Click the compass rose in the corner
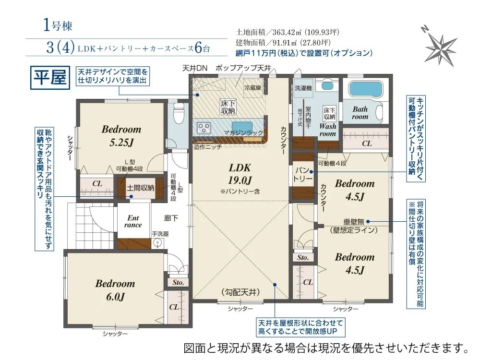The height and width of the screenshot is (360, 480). point(441,47)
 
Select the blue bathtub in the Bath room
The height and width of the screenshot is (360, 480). point(365,89)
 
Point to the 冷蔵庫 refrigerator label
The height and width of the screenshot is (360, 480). point(252,88)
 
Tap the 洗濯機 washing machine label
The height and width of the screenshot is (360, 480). point(303,88)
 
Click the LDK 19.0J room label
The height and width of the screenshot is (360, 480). point(240,174)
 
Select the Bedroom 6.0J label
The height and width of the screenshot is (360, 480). point(115,289)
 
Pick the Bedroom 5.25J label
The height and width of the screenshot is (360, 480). point(121,135)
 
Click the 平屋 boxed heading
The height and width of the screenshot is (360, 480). point(50,77)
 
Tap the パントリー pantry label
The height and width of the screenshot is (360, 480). point(303,175)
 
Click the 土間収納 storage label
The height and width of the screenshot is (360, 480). point(141,188)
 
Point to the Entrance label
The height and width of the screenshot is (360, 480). point(133,221)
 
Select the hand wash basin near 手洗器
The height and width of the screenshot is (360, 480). point(157,243)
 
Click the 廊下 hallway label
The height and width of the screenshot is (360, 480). point(171,218)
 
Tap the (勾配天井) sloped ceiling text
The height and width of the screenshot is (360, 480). point(240,292)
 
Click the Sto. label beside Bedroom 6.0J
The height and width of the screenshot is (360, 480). point(178,282)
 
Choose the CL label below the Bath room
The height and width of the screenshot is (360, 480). point(367,144)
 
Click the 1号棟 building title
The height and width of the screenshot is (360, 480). point(58,25)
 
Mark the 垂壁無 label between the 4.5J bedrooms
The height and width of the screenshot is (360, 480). point(354,222)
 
